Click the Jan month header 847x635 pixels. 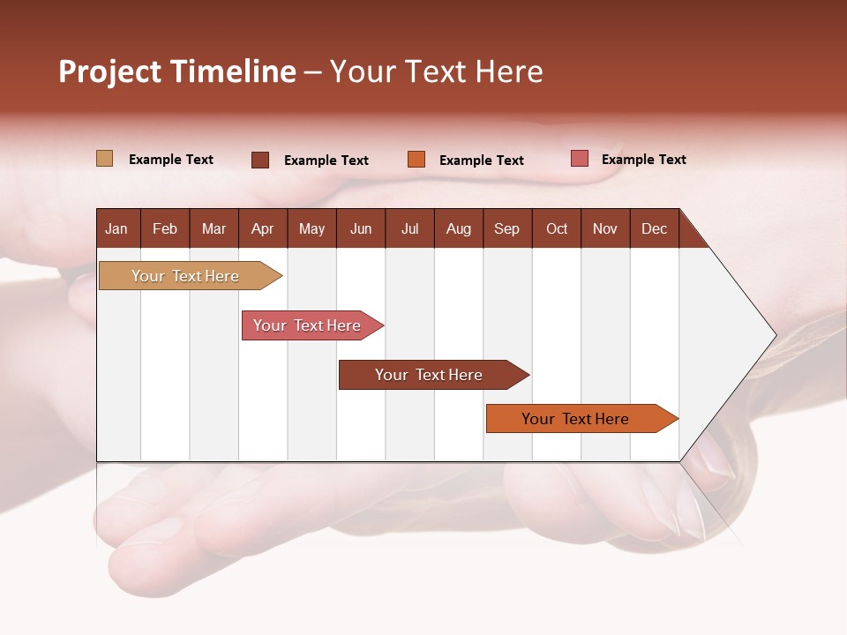(116, 228)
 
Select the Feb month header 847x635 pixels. (165, 228)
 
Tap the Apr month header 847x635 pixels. (262, 228)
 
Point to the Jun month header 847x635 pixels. (361, 228)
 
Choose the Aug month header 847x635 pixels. (458, 228)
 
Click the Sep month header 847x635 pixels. (506, 228)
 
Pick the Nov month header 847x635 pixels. (604, 228)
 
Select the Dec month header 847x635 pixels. (654, 228)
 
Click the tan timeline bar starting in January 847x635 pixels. (185, 276)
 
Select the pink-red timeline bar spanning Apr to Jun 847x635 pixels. (307, 325)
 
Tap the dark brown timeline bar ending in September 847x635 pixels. (429, 375)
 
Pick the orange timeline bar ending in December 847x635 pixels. (575, 419)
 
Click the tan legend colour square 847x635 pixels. (104, 159)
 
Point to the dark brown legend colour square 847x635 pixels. (260, 160)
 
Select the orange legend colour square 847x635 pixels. (416, 160)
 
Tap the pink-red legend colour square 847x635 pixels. (579, 159)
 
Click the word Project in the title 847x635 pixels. (110, 71)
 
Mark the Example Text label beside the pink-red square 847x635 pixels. (643, 160)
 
